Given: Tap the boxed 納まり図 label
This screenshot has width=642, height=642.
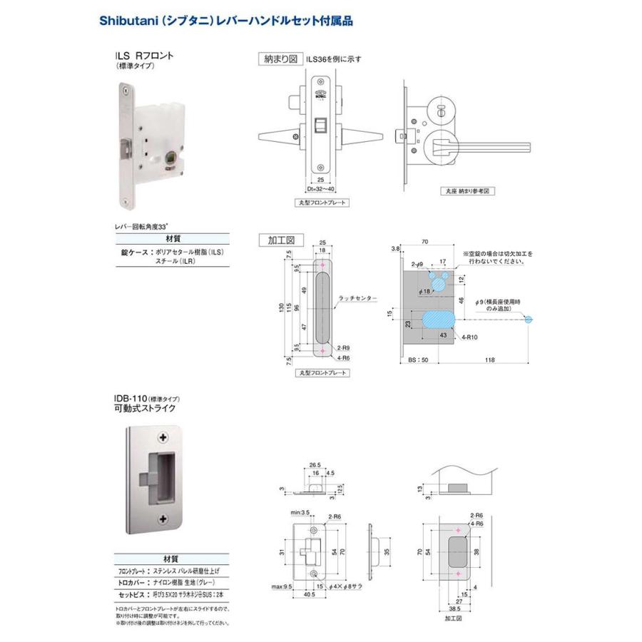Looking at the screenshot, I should coord(280,60).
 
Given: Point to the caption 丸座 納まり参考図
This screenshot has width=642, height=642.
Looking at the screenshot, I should coord(468,191).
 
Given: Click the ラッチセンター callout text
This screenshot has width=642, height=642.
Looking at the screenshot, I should coord(358,297).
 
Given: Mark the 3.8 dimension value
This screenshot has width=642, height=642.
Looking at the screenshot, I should coord(396,248).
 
